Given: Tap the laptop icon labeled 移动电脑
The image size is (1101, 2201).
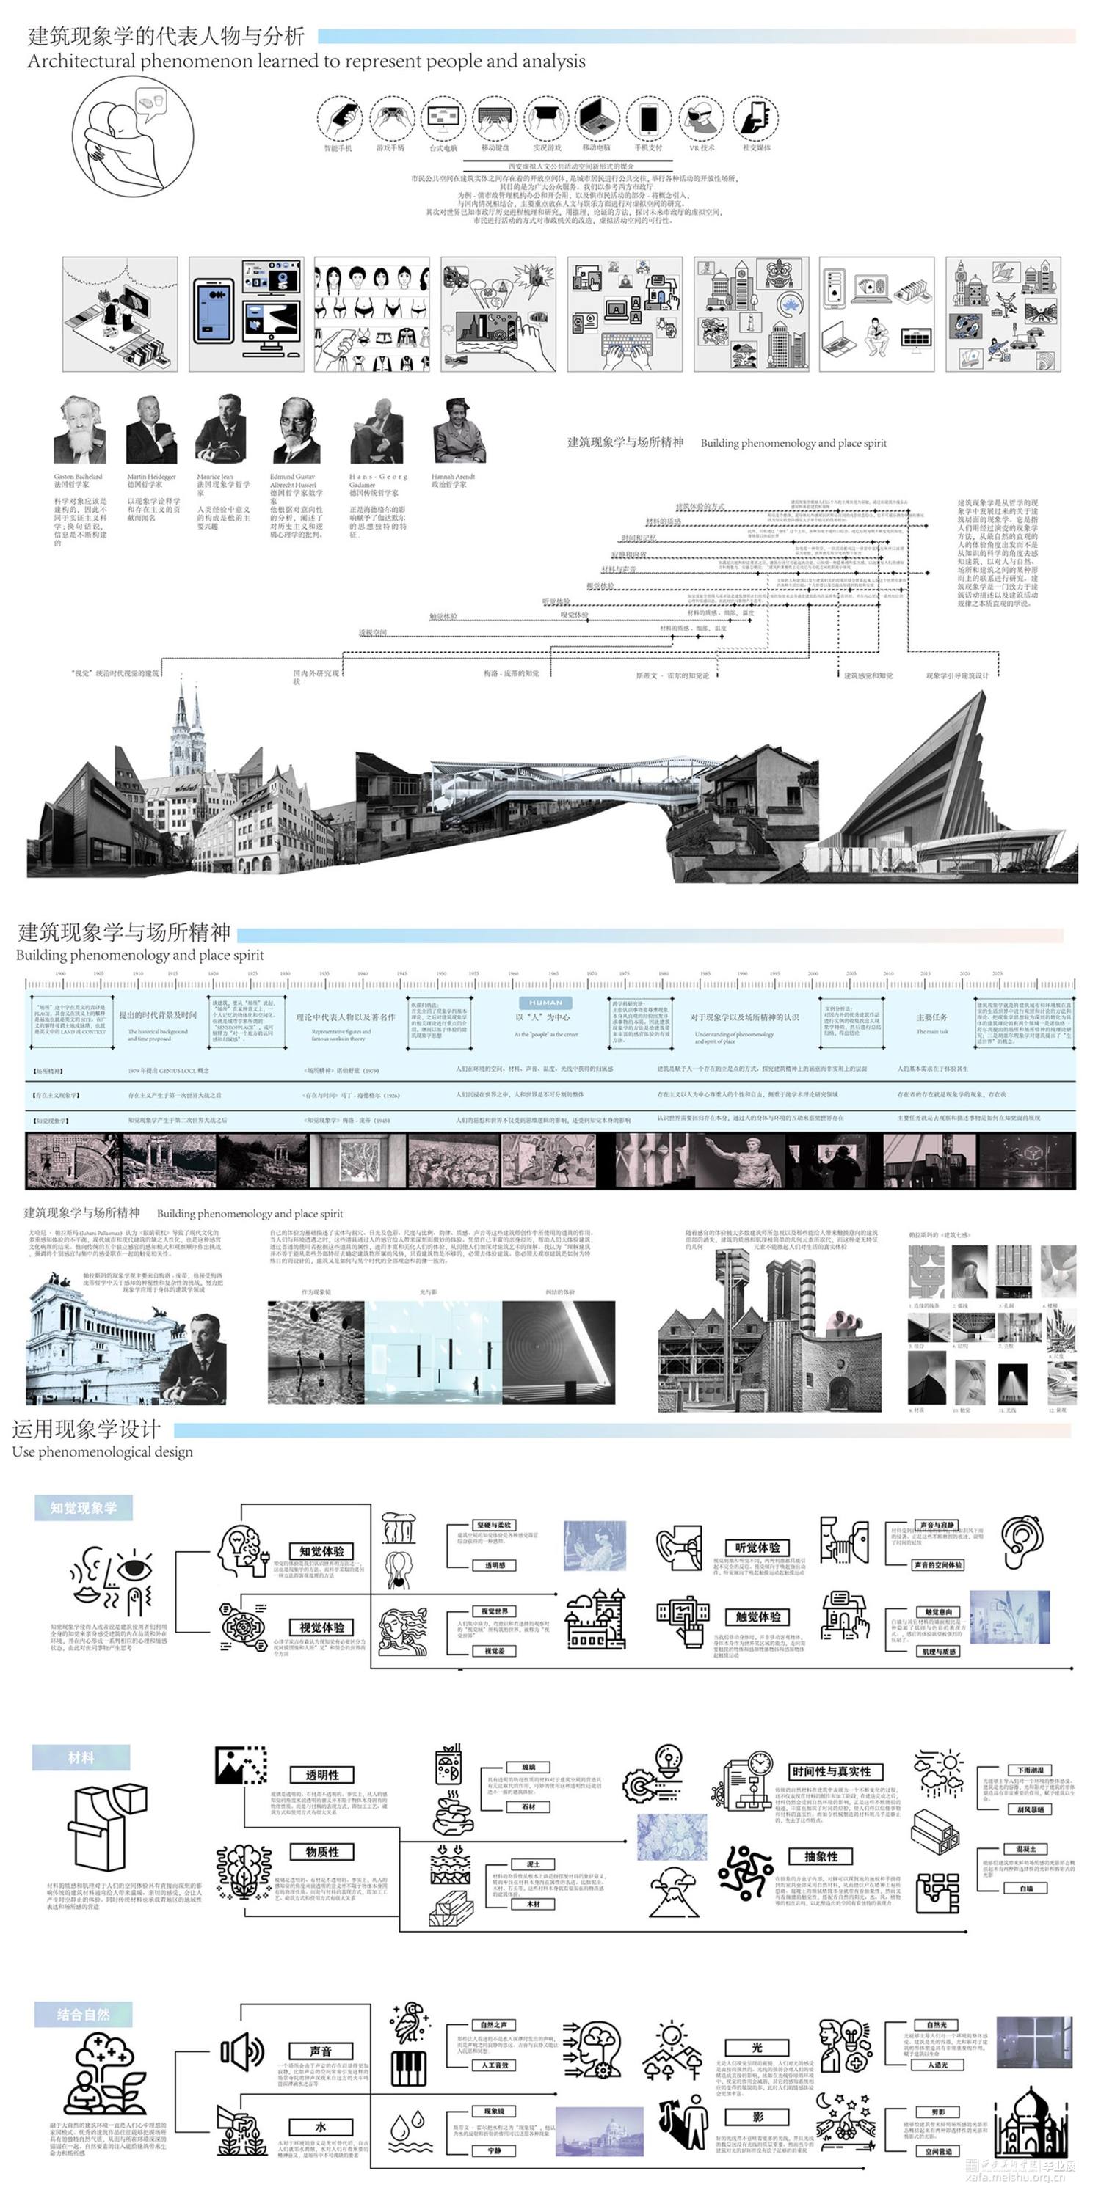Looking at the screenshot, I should point(597,119).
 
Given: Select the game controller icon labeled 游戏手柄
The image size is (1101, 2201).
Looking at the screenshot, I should point(393,119).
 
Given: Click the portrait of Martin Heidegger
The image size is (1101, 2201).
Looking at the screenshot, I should point(151,431).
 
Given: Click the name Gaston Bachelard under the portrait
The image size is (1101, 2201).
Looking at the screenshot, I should point(78,477).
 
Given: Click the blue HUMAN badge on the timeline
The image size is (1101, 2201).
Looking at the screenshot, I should point(545,1003).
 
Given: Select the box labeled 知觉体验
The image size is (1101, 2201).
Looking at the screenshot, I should point(321,1550).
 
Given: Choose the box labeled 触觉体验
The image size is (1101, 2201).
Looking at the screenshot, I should point(757,1616).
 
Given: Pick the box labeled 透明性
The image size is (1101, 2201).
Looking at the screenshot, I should point(322,1775).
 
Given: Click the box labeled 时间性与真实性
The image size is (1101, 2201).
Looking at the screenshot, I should point(831,1771).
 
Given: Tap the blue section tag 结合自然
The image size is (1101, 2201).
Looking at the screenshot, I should point(83,2015).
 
